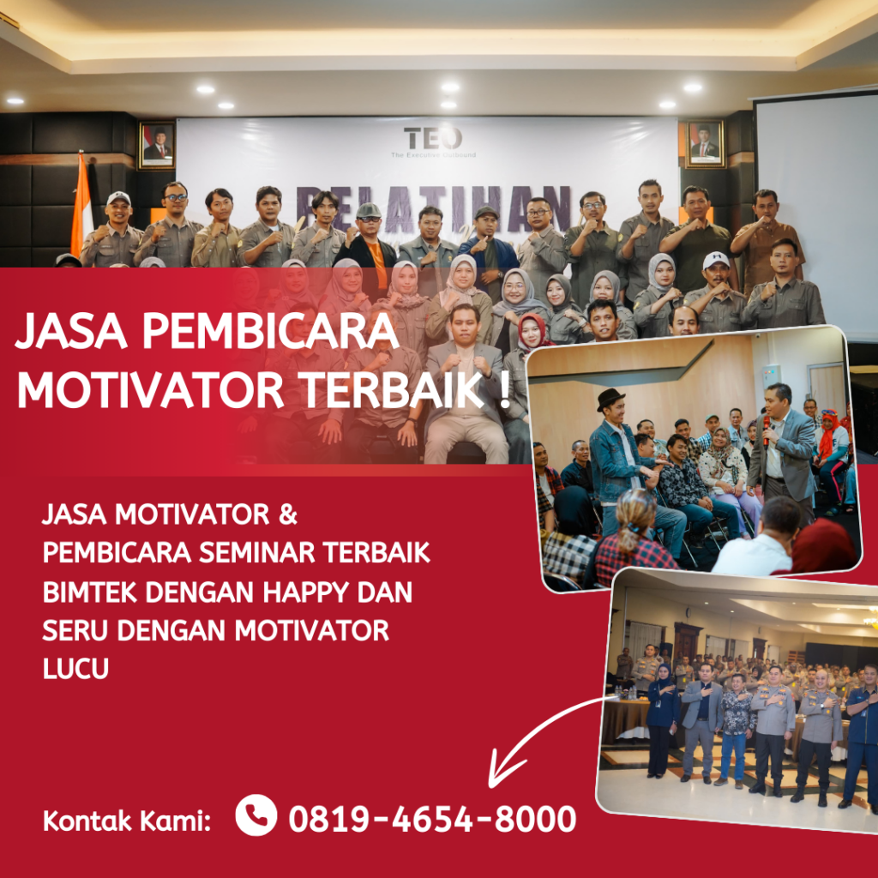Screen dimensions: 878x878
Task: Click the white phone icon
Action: point(256,815)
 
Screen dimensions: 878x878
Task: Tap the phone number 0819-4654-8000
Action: point(432,819)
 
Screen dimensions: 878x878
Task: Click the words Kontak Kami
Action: point(127,821)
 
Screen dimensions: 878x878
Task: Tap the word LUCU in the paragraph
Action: point(75,668)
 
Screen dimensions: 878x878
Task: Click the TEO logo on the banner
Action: point(432,140)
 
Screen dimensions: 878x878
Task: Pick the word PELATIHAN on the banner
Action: point(433,206)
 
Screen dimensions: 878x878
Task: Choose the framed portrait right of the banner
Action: point(705,144)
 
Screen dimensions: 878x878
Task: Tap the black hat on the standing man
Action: point(610,396)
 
